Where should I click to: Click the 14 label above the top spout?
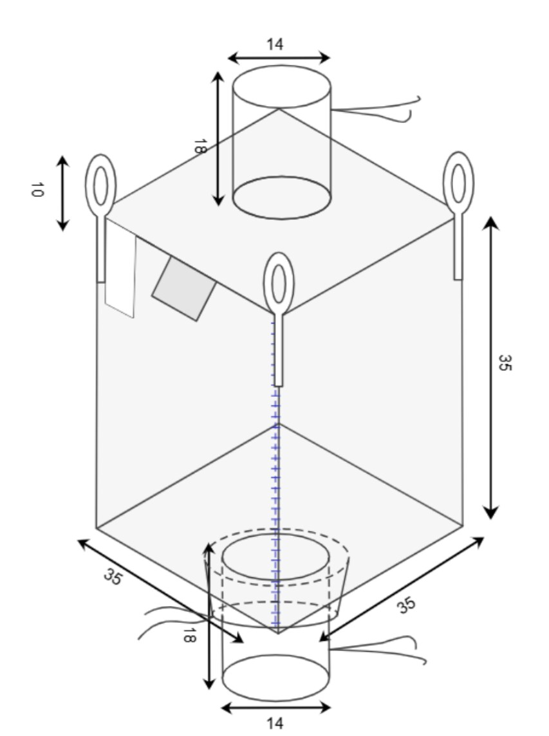(x=275, y=44)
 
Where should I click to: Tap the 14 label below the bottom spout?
(x=275, y=723)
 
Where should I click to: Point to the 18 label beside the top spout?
(x=200, y=146)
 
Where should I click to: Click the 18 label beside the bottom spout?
(x=189, y=636)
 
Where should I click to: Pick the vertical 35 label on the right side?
(x=505, y=363)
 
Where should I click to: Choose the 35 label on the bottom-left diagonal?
(x=113, y=577)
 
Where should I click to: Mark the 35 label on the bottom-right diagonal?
(x=407, y=605)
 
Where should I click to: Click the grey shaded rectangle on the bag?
(x=184, y=288)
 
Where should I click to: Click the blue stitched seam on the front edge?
(x=275, y=474)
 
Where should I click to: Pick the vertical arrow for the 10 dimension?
(x=63, y=194)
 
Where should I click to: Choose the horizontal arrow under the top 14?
(x=279, y=58)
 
